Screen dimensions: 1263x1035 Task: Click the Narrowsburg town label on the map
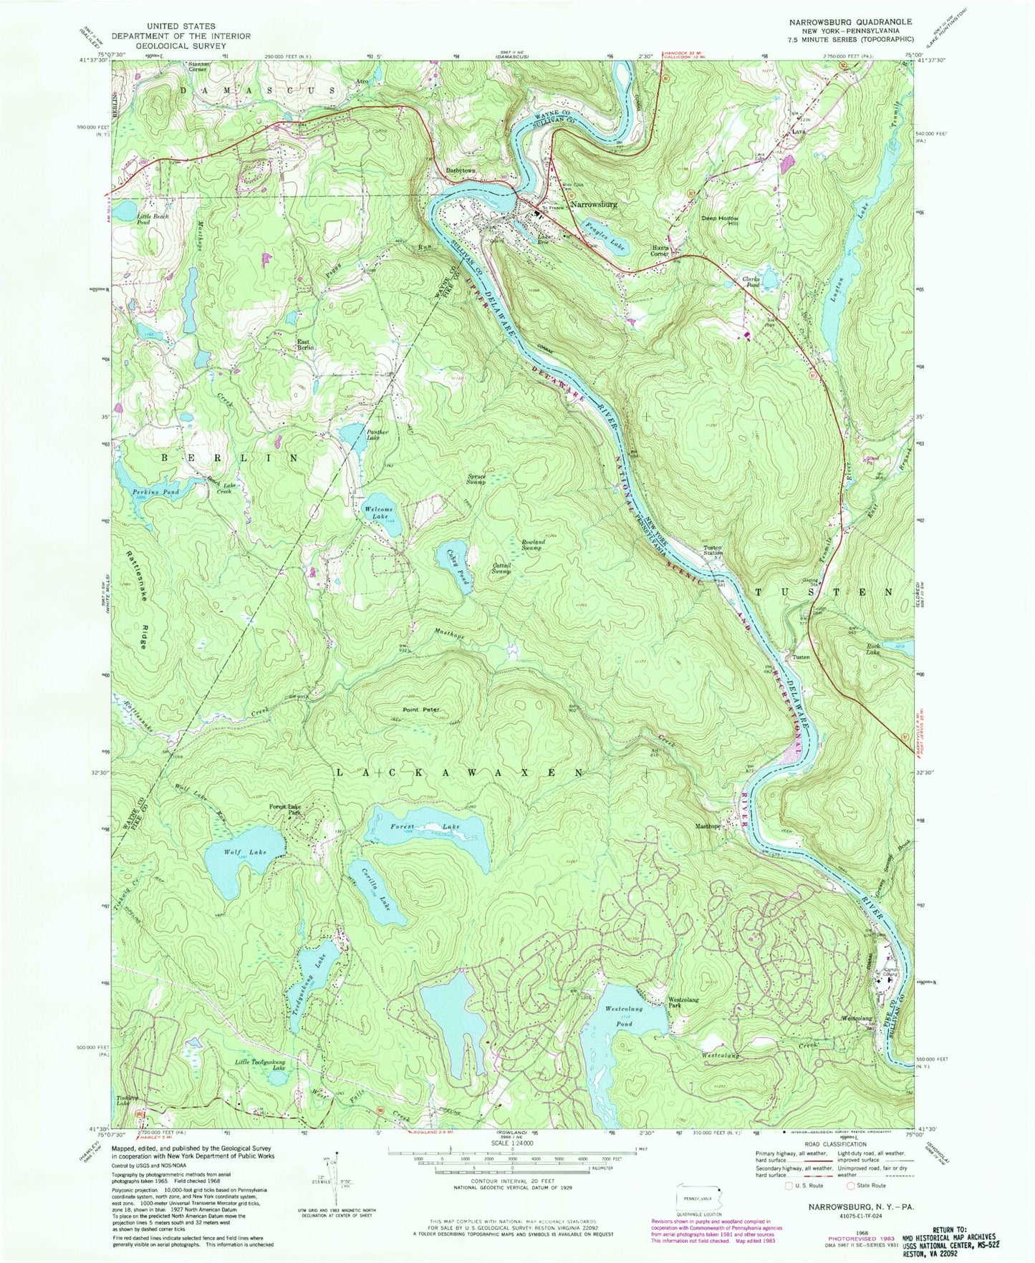click(x=594, y=204)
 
